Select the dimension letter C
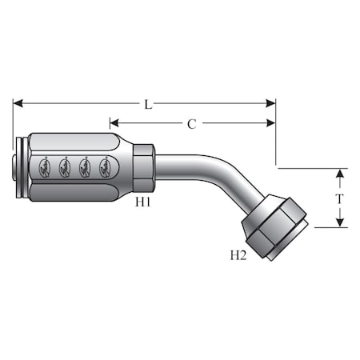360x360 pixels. [x=191, y=123]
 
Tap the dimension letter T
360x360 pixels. [x=340, y=198]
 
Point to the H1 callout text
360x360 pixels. [x=143, y=203]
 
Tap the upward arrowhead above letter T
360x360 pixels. [x=340, y=174]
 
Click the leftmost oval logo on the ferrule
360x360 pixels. [x=45, y=167]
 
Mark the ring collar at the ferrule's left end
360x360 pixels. [x=20, y=167]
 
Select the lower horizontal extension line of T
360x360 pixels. [x=328, y=227]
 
